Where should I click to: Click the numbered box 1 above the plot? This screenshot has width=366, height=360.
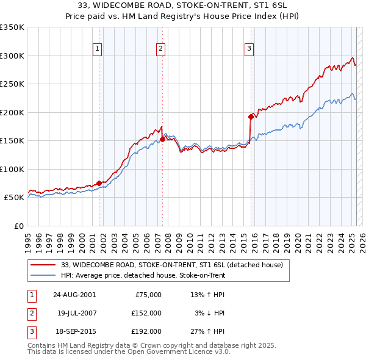click(x=98, y=50)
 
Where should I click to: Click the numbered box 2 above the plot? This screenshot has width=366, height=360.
click(x=160, y=50)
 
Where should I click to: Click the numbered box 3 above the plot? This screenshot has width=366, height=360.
click(x=249, y=50)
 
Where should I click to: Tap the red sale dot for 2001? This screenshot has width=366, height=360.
click(x=99, y=183)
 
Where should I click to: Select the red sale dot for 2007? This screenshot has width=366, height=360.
click(x=163, y=139)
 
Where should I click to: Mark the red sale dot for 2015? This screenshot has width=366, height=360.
click(x=251, y=117)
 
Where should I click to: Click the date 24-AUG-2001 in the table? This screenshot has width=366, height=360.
click(x=74, y=295)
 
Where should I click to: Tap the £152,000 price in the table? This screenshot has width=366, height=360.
click(x=146, y=313)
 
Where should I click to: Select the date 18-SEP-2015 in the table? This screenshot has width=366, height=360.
click(x=74, y=332)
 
